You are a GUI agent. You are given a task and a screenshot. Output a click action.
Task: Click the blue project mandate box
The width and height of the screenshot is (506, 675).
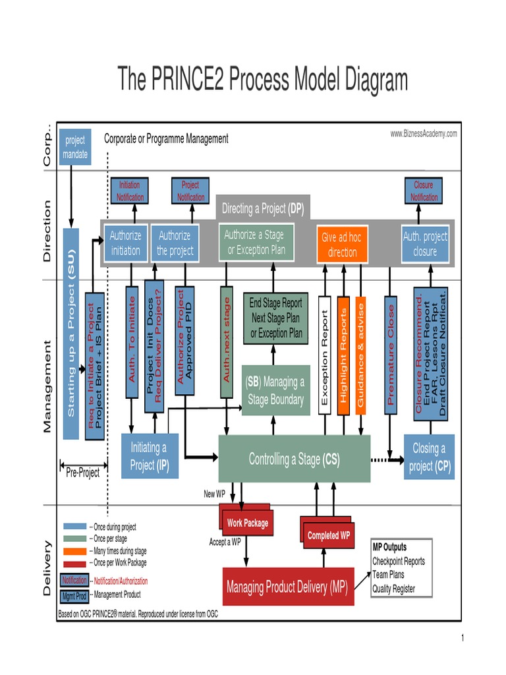pyautogui.click(x=74, y=148)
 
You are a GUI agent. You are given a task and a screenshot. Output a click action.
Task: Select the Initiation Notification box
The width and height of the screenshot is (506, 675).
pyautogui.click(x=129, y=191)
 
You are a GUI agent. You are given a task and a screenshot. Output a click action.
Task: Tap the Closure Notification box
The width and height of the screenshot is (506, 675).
pyautogui.click(x=423, y=191)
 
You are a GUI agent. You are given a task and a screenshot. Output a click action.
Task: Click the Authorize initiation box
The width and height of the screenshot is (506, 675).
pyautogui.click(x=125, y=243)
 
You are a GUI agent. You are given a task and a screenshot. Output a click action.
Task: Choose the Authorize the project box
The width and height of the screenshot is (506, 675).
pyautogui.click(x=175, y=243)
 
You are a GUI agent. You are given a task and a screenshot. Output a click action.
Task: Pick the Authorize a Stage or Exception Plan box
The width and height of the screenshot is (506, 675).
pyautogui.click(x=256, y=243)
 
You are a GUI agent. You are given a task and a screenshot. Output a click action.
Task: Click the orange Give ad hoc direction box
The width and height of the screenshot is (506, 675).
pyautogui.click(x=342, y=245)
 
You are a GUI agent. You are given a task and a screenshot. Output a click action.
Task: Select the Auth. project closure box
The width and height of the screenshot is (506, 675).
pyautogui.click(x=424, y=243)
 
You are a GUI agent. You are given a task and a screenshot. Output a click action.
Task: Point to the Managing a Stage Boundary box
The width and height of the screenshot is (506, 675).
pyautogui.click(x=275, y=390)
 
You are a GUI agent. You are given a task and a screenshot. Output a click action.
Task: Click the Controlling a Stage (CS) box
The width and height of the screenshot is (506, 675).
pyautogui.click(x=294, y=459)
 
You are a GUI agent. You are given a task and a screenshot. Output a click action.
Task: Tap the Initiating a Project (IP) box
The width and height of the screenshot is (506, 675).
pyautogui.click(x=150, y=456)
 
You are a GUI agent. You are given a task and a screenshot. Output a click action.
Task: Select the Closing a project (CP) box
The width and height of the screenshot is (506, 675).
pyautogui.click(x=429, y=457)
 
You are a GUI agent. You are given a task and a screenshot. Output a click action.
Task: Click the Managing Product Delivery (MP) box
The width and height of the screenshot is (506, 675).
pyautogui.click(x=288, y=587)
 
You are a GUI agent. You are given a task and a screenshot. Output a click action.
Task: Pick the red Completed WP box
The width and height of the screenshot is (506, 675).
pyautogui.click(x=328, y=535)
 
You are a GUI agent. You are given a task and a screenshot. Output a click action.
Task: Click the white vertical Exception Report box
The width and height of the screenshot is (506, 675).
pyautogui.click(x=324, y=355)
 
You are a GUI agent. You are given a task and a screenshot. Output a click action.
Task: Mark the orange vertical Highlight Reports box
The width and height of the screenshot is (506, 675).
pyautogui.click(x=343, y=355)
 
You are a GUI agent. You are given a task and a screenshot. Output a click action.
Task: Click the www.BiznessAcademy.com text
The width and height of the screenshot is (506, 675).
pyautogui.click(x=423, y=134)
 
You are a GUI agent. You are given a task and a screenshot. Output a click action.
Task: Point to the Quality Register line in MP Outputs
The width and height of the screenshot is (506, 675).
pyautogui.click(x=393, y=589)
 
